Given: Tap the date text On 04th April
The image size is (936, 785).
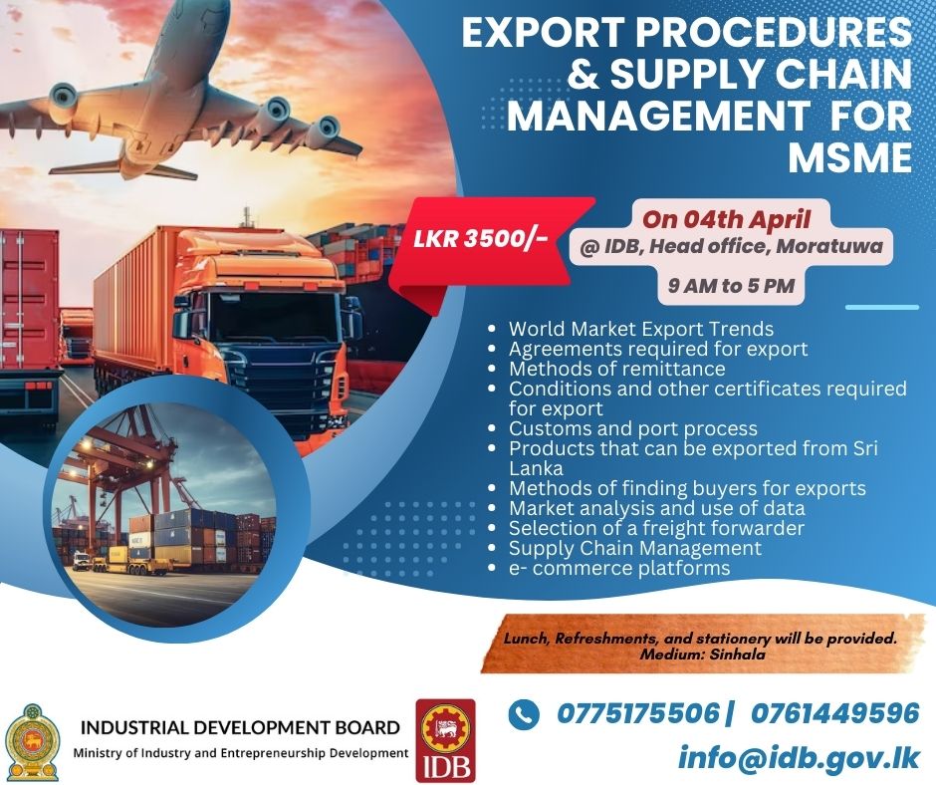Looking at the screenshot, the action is pyautogui.click(x=726, y=219).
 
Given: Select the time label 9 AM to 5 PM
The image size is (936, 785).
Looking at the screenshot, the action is pyautogui.click(x=731, y=286).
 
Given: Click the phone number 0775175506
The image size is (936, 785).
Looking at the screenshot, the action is pyautogui.click(x=638, y=713).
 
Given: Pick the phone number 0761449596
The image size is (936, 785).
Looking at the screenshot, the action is pyautogui.click(x=835, y=713).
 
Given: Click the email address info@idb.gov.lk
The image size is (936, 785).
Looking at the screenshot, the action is pyautogui.click(x=799, y=757).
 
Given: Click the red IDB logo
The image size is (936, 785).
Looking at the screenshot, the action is pyautogui.click(x=445, y=741).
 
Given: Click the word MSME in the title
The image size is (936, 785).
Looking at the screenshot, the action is pyautogui.click(x=850, y=157).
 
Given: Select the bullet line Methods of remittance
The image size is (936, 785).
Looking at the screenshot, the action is pyautogui.click(x=616, y=369).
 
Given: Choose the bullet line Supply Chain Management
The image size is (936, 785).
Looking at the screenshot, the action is pyautogui.click(x=635, y=548).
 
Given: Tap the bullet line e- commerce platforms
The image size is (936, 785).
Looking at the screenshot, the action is pyautogui.click(x=619, y=568).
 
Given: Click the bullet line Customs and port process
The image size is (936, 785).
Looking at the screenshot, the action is pyautogui.click(x=632, y=428).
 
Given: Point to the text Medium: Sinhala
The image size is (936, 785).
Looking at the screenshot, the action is pyautogui.click(x=703, y=654).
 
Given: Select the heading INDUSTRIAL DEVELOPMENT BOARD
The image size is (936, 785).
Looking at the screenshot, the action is pyautogui.click(x=240, y=727).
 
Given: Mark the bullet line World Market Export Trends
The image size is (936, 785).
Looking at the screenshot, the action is pyautogui.click(x=641, y=329).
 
